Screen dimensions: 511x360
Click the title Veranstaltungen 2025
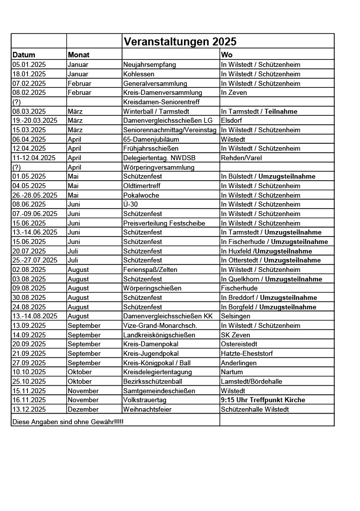click(x=180, y=41)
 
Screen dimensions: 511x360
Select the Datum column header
click(x=24, y=55)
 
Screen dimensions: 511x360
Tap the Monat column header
click(x=79, y=55)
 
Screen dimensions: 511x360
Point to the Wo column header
click(x=227, y=55)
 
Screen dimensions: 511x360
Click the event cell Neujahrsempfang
click(x=150, y=64)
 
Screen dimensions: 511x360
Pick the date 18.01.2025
click(x=29, y=74)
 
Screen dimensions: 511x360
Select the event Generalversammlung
click(x=155, y=83)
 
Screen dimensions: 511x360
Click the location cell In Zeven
click(x=234, y=92)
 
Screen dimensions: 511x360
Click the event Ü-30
click(x=131, y=204)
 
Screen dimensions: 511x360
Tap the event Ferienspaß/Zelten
click(x=150, y=269)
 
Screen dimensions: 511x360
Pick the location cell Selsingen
click(x=235, y=316)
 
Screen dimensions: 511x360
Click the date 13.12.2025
click(x=29, y=409)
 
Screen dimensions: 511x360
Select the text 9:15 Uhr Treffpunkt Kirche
click(x=263, y=400)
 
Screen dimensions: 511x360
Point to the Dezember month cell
click(x=83, y=409)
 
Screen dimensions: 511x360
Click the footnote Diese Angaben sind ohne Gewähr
click(x=67, y=422)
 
